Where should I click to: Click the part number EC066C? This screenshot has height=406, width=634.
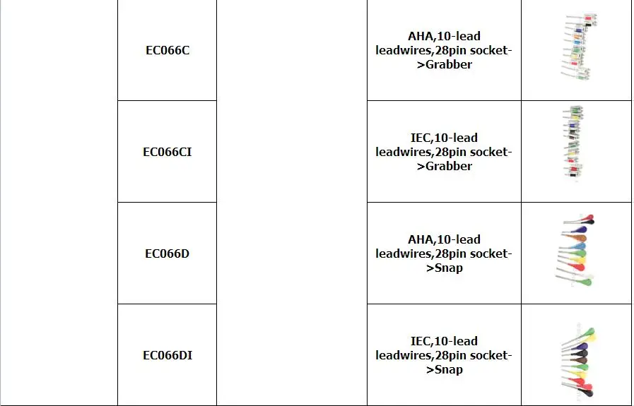pyautogui.click(x=167, y=50)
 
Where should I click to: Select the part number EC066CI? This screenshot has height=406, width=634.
pyautogui.click(x=167, y=152)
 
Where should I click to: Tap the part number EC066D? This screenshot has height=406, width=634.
pyautogui.click(x=167, y=253)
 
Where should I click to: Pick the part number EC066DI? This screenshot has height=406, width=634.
pyautogui.click(x=167, y=355)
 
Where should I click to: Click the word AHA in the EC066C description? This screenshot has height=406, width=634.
pyautogui.click(x=421, y=36)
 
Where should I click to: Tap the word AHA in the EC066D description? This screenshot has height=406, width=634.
pyautogui.click(x=421, y=239)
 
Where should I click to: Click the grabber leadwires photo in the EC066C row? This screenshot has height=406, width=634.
pyautogui.click(x=577, y=48)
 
